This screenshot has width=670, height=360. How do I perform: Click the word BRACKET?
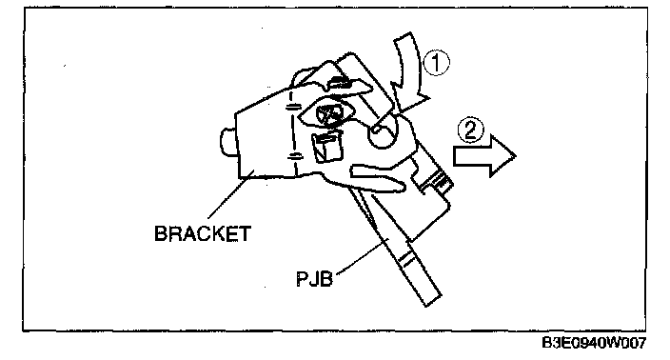(x=203, y=233)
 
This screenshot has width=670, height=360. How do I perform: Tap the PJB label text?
(x=314, y=279)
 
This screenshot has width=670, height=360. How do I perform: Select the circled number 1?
(x=436, y=63)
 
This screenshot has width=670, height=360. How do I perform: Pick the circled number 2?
(x=470, y=130)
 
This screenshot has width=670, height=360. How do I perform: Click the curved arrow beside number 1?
(x=409, y=72)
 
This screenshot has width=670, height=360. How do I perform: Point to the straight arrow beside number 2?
(x=484, y=156)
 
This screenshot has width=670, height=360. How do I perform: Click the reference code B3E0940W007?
(x=594, y=343)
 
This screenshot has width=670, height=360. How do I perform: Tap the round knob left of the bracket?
(x=227, y=142)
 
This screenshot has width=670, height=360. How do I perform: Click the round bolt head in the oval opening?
(x=328, y=114)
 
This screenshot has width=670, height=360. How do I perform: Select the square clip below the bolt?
(x=327, y=147)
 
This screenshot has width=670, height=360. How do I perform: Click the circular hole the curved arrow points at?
(x=383, y=132)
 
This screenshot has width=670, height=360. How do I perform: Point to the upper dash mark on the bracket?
(x=293, y=107)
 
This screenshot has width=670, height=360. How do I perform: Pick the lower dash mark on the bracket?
(x=294, y=155)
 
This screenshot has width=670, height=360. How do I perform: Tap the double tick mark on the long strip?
(x=406, y=258)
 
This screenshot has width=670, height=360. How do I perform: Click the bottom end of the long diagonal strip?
(x=432, y=300)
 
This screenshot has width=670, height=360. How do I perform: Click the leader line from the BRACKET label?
(x=229, y=197)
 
